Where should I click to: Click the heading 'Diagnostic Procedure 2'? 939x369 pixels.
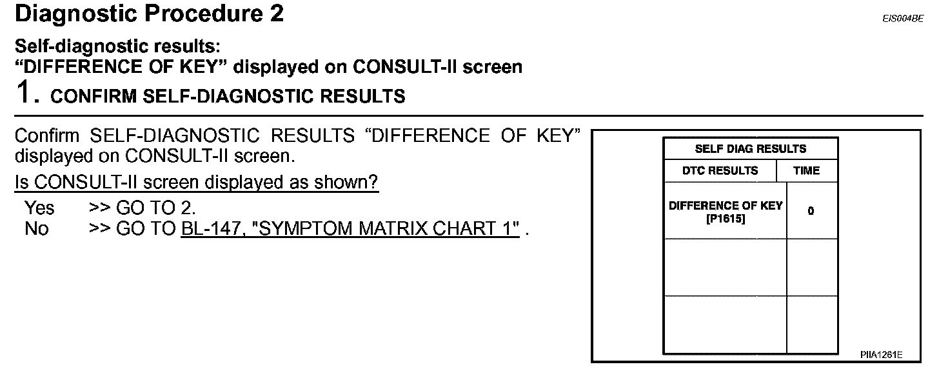pos(149,14)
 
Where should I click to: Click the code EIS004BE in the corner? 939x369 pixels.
pos(903,19)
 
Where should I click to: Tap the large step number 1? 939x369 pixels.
pos(24,94)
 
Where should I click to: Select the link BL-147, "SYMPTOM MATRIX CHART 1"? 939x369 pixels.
pos(351,229)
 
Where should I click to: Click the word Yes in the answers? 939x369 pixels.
pos(39,208)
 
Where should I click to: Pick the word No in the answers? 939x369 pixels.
pos(36,229)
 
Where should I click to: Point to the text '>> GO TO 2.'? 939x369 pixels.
pos(142,208)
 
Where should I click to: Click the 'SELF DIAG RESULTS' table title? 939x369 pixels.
pos(751,149)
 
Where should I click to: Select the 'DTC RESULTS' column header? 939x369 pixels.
pos(720,171)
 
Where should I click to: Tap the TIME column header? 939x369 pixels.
pos(807,171)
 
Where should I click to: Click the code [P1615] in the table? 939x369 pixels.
pos(726,217)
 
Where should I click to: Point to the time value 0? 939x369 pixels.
pos(811,211)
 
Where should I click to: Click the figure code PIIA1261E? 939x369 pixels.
pos(881,355)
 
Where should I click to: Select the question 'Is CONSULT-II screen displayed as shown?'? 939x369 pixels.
pos(196,183)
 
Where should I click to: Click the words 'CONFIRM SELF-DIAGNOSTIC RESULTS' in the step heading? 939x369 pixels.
pos(228,97)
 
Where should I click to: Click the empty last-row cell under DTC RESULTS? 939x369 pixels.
pos(725,324)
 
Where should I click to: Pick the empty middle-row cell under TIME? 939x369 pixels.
pos(812,267)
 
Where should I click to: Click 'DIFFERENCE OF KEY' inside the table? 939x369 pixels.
pos(726,206)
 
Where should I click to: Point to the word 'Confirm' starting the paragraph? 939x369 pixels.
pos(47,136)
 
